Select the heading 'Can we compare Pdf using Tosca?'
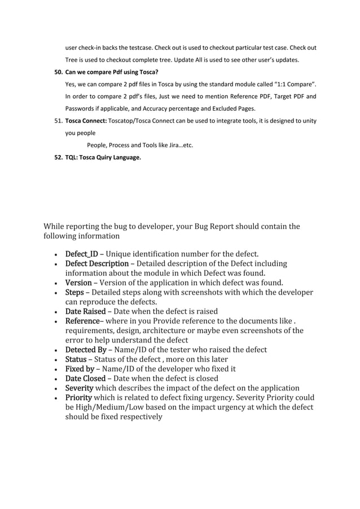(112, 72)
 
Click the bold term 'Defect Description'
(97, 264)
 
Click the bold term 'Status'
(76, 359)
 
